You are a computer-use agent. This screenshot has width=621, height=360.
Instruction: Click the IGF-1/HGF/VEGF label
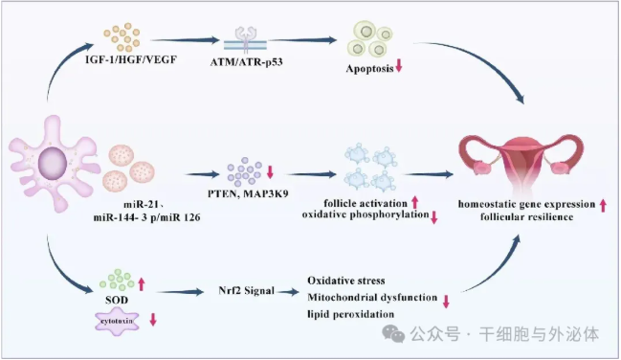pyautogui.click(x=131, y=60)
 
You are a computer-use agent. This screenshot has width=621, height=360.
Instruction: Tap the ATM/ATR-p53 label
pyautogui.click(x=246, y=62)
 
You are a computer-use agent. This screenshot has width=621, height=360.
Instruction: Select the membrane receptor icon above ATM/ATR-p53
pyautogui.click(x=246, y=39)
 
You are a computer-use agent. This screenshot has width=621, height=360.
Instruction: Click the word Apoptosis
pyautogui.click(x=370, y=69)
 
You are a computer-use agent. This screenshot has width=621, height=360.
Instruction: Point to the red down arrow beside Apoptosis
pyautogui.click(x=399, y=65)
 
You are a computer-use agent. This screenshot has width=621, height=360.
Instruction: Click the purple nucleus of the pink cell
pyautogui.click(x=53, y=163)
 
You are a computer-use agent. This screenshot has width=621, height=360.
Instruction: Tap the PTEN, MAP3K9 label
pyautogui.click(x=248, y=193)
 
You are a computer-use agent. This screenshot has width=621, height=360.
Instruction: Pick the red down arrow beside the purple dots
pyautogui.click(x=270, y=171)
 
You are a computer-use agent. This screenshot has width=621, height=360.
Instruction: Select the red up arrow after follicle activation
pyautogui.click(x=414, y=202)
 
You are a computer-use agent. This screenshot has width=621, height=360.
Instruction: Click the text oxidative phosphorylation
pyautogui.click(x=366, y=214)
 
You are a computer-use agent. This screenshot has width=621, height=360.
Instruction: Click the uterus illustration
pyautogui.click(x=521, y=164)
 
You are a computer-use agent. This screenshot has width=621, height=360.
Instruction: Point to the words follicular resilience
pyautogui.click(x=526, y=217)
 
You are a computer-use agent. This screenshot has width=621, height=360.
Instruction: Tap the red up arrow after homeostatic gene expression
pyautogui.click(x=603, y=206)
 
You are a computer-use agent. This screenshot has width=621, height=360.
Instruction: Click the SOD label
pyautogui.click(x=117, y=300)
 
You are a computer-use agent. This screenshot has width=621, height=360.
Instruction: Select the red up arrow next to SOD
pyautogui.click(x=142, y=283)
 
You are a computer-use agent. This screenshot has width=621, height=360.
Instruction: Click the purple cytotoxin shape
pyautogui.click(x=118, y=321)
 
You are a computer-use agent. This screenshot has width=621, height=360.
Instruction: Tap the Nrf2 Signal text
pyautogui.click(x=246, y=291)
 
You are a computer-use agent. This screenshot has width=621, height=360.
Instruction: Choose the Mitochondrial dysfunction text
pyautogui.click(x=372, y=298)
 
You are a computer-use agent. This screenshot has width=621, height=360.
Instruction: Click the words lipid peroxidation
pyautogui.click(x=351, y=314)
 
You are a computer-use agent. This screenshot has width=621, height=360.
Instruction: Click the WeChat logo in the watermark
pyautogui.click(x=393, y=334)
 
